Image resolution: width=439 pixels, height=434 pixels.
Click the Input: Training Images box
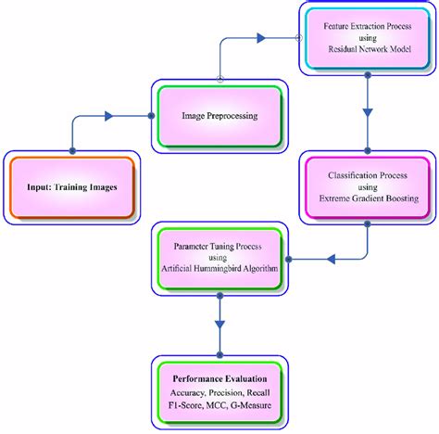72,185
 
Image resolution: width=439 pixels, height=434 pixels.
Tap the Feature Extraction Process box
367,38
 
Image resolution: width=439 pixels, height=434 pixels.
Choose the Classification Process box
368,188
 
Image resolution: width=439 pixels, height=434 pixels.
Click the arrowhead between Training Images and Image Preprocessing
109,116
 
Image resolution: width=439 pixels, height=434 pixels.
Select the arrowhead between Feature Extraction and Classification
367,112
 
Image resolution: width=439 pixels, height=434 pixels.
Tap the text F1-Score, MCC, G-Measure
219,406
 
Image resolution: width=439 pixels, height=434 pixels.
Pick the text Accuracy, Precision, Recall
219,393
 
